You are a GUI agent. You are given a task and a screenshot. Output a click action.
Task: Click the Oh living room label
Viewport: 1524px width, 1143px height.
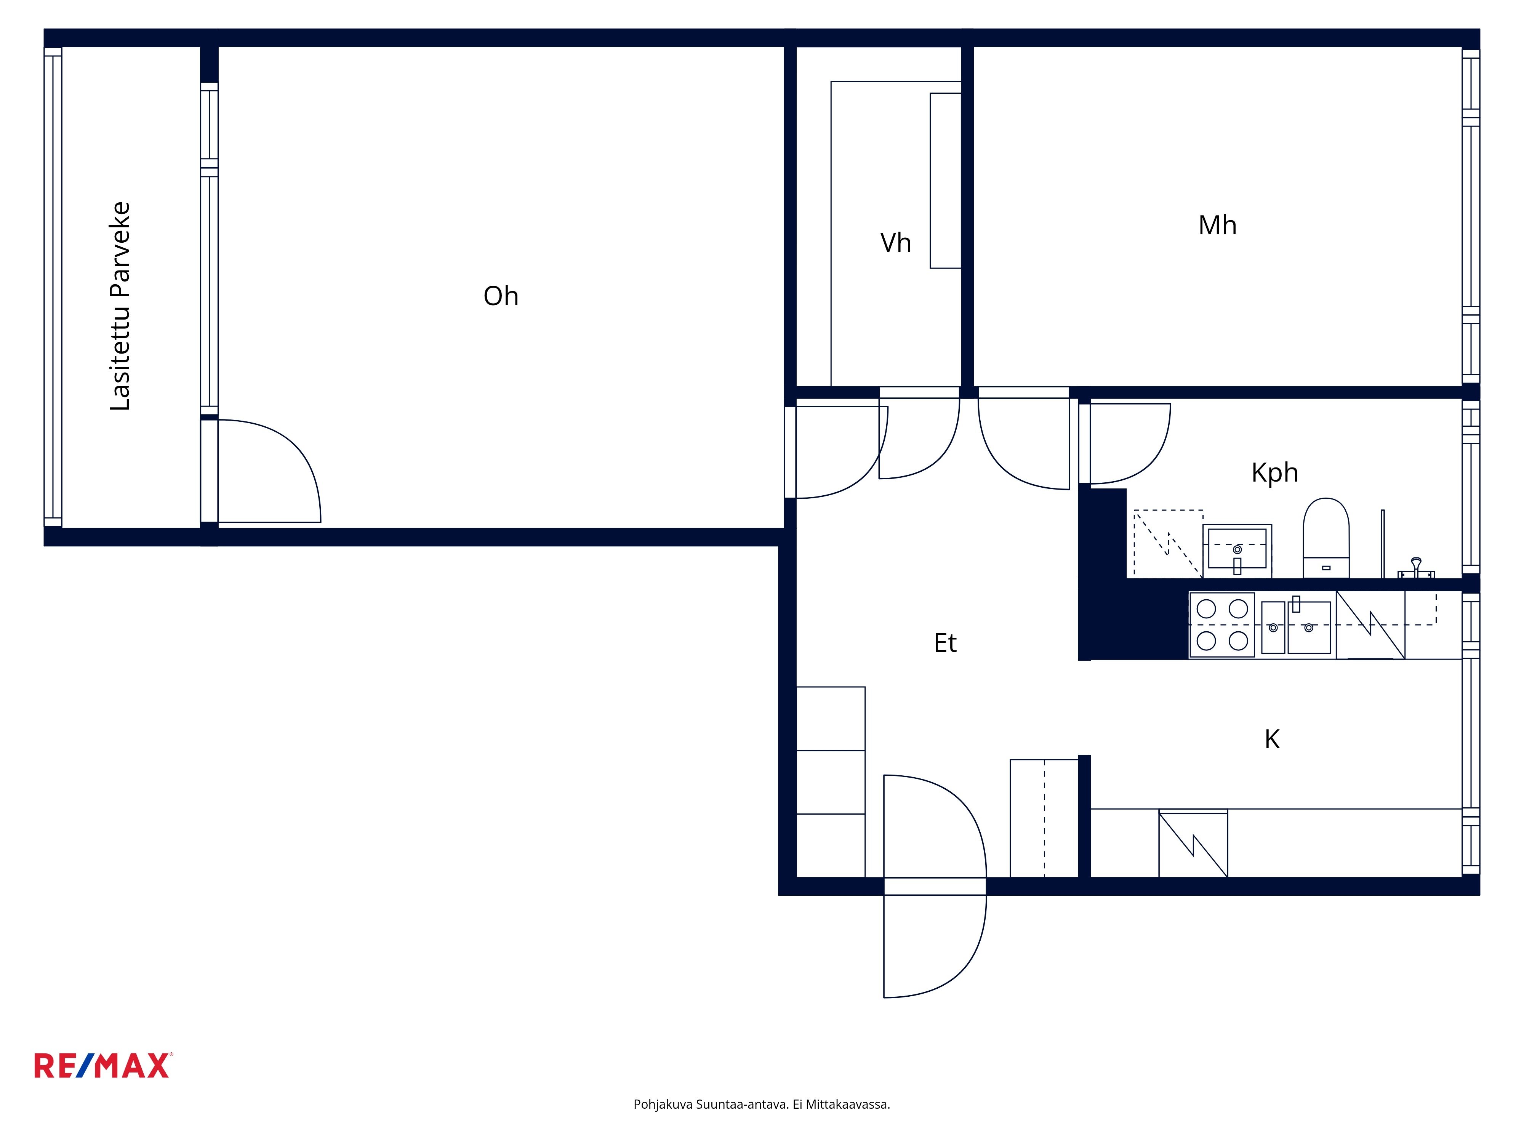pyautogui.click(x=501, y=296)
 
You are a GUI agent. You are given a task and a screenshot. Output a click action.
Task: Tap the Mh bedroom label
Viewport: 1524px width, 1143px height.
pyautogui.click(x=1217, y=225)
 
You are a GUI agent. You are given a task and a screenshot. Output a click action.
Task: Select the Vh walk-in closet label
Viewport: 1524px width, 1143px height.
pyautogui.click(x=896, y=243)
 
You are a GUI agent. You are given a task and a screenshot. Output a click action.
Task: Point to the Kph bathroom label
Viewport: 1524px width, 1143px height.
pyautogui.click(x=1274, y=473)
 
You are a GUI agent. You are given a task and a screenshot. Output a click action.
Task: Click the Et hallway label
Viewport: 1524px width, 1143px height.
pyautogui.click(x=945, y=643)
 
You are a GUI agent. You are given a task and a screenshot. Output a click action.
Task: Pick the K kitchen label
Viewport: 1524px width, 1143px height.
pyautogui.click(x=1272, y=739)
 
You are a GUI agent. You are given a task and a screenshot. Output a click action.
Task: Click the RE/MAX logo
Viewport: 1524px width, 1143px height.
pyautogui.click(x=103, y=1065)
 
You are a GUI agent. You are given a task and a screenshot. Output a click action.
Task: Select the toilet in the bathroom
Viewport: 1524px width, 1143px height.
pyautogui.click(x=1325, y=538)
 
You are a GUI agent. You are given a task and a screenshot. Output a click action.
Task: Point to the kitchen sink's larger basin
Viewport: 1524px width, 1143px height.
pyautogui.click(x=1309, y=627)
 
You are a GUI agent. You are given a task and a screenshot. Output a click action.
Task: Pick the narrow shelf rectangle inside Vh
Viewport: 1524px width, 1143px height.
pyautogui.click(x=945, y=181)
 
